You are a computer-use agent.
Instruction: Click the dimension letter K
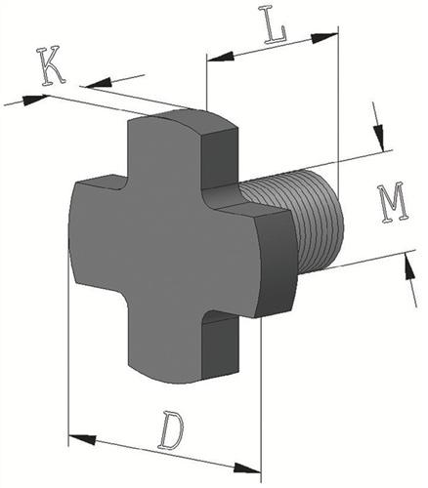(x=51, y=66)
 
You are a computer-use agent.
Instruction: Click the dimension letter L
(x=276, y=25)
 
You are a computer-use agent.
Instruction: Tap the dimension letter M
(x=393, y=204)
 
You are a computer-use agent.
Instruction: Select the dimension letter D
(x=172, y=430)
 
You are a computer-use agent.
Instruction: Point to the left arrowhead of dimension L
(x=221, y=57)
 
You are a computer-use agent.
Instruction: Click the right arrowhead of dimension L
(x=324, y=38)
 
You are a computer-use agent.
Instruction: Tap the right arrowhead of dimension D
(x=247, y=468)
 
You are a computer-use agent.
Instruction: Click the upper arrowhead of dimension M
(x=378, y=137)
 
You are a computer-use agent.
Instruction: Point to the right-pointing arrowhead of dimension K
(x=35, y=99)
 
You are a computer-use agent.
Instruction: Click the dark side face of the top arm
(x=220, y=158)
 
